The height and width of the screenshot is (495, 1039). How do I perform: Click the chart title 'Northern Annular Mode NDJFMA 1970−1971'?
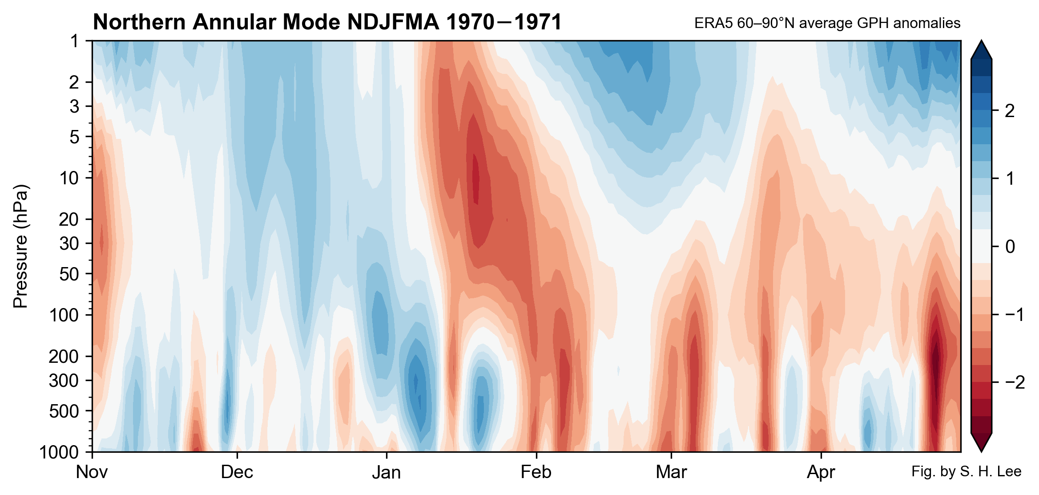pyautogui.click(x=327, y=22)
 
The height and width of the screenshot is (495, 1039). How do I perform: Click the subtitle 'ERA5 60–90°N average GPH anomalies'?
pyautogui.click(x=827, y=23)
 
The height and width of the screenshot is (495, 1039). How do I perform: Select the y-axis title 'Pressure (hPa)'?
pyautogui.click(x=20, y=246)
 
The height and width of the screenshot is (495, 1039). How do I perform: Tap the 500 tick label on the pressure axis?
pyautogui.click(x=70, y=411)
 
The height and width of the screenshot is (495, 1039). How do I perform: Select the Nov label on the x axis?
pyautogui.click(x=92, y=472)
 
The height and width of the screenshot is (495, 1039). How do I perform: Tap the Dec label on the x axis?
pyautogui.click(x=237, y=472)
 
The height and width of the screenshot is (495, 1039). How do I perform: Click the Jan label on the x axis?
pyautogui.click(x=386, y=472)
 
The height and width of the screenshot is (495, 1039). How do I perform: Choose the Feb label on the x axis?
pyautogui.click(x=536, y=472)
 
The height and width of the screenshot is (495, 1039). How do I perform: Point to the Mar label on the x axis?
pyautogui.click(x=671, y=472)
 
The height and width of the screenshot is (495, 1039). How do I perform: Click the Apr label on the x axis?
pyautogui.click(x=821, y=472)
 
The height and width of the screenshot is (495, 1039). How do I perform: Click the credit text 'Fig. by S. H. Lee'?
pyautogui.click(x=966, y=471)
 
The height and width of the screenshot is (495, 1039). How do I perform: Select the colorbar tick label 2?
pyautogui.click(x=1010, y=111)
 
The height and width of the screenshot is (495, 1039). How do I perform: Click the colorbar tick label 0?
pyautogui.click(x=1010, y=246)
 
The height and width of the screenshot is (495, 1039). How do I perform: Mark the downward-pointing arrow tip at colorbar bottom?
pyautogui.click(x=981, y=449)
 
